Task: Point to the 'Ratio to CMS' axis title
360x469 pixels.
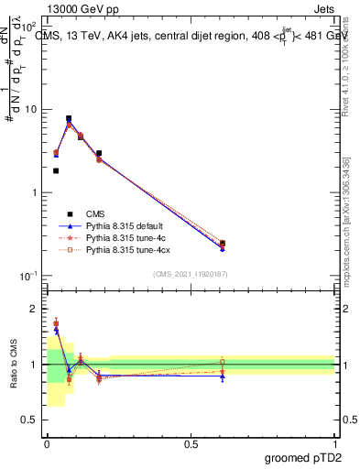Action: point(13,364)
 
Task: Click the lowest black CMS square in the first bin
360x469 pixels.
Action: point(56,170)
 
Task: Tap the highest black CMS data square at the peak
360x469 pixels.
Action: point(69,118)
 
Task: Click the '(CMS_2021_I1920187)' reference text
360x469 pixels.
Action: point(191,274)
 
